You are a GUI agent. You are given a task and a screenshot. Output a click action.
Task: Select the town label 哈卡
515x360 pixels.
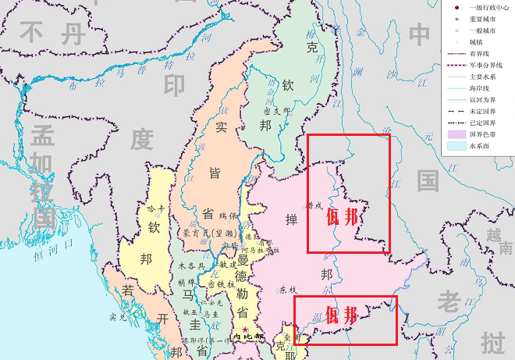(x=155, y=209)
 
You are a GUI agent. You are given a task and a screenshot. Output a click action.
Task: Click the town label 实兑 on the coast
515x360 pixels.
(x=118, y=317)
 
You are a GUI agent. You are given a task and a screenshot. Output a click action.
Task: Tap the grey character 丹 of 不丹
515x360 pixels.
(x=74, y=34)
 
